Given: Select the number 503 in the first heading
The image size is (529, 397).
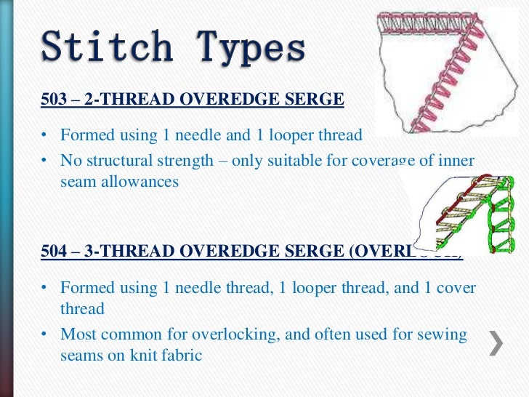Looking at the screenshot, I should [x=54, y=100].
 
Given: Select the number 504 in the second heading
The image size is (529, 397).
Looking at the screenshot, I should [x=54, y=252].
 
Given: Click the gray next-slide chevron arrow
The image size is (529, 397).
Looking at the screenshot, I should [x=496, y=342].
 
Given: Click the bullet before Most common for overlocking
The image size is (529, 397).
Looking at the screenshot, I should [x=45, y=334].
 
